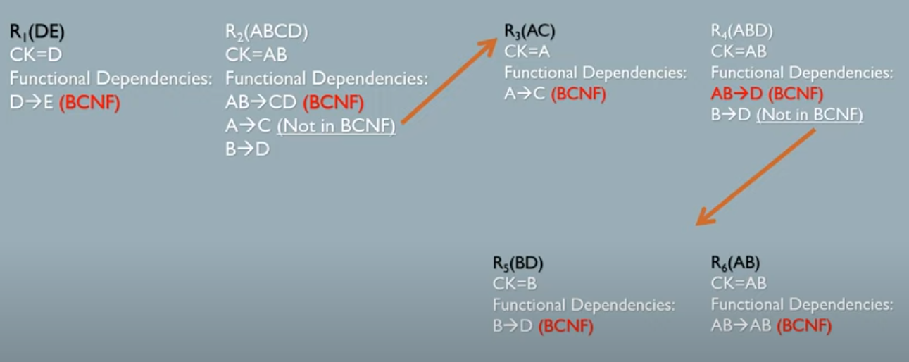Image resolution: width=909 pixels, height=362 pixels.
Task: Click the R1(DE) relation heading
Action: click(x=38, y=32)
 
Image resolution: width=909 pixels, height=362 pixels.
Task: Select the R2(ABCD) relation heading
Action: click(x=266, y=32)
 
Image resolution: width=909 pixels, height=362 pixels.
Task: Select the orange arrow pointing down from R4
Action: click(x=755, y=177)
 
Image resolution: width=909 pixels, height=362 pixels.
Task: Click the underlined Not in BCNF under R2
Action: click(x=336, y=127)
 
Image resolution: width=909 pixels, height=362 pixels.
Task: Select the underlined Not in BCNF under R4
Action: click(x=809, y=114)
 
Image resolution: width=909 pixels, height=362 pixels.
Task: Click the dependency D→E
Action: click(x=31, y=103)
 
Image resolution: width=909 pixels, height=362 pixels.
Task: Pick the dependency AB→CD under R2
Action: click(x=261, y=103)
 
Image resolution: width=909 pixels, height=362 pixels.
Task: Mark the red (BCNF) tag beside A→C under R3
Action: click(x=578, y=94)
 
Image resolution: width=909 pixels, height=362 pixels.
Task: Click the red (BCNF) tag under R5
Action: click(x=565, y=326)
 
